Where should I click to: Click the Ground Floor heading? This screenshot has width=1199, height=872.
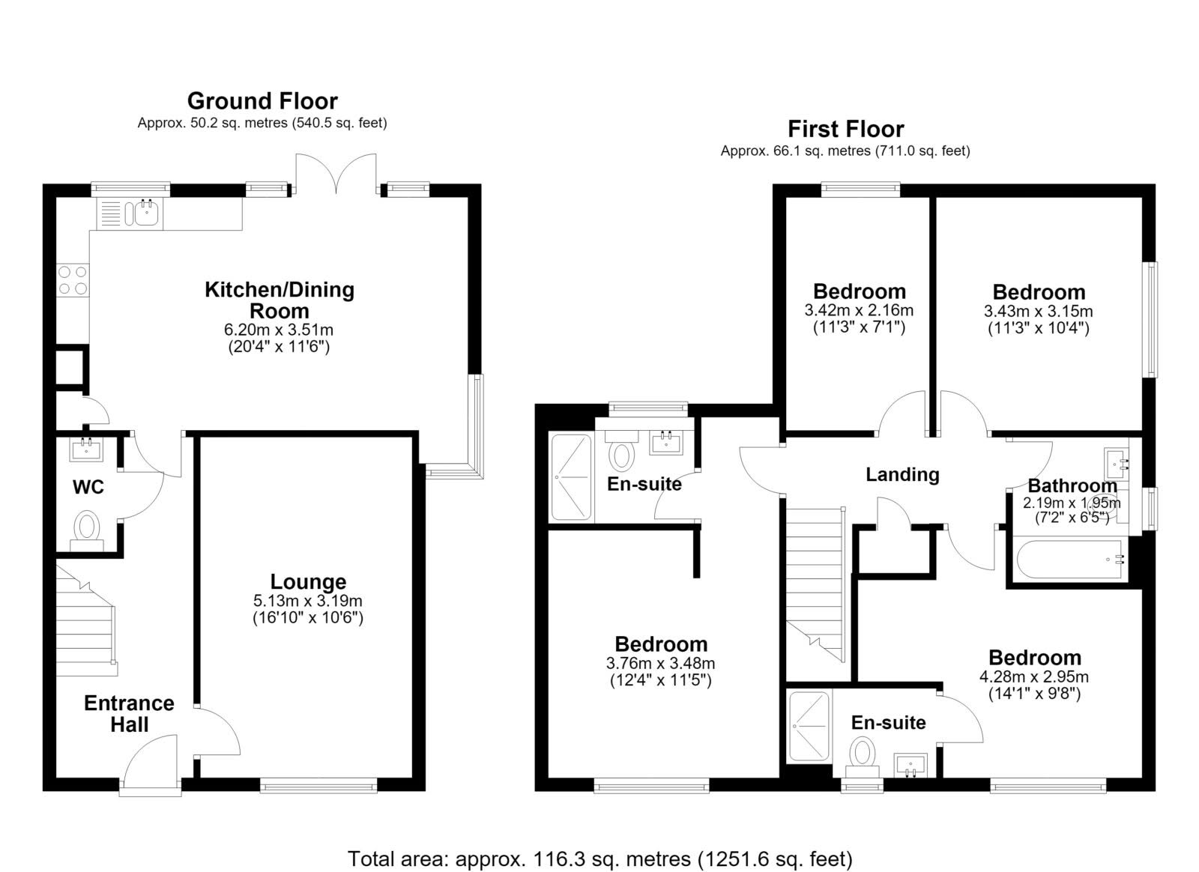(262, 101)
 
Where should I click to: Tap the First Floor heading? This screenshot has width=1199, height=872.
(846, 129)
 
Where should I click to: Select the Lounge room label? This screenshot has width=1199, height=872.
(308, 581)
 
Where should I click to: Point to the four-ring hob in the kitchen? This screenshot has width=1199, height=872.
(73, 280)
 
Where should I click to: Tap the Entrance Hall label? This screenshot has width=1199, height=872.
(129, 713)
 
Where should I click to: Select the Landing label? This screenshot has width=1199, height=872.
(902, 474)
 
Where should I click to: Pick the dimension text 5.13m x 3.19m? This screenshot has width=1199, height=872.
(308, 601)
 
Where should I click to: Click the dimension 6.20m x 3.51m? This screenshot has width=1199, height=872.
(279, 330)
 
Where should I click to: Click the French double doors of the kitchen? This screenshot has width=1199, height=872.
(336, 173)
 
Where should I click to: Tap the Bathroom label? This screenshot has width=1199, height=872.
(1072, 485)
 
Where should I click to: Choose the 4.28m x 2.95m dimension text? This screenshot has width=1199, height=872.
(1033, 676)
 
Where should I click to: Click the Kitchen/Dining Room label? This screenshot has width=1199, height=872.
(280, 300)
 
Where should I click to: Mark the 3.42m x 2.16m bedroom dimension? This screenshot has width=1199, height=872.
(859, 310)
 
